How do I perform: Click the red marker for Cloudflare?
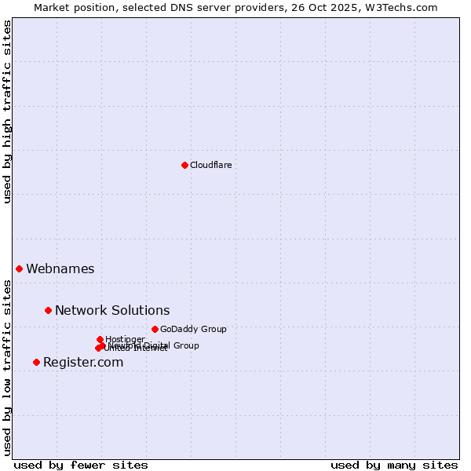[x=184, y=165]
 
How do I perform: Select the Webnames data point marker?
[x=19, y=268]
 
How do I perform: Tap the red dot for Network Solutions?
[x=48, y=310]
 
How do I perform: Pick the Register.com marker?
[x=36, y=362]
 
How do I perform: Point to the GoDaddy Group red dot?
[x=155, y=329]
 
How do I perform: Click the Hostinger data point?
[x=100, y=339]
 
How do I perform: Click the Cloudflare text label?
[x=210, y=165]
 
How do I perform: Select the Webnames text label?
[x=60, y=268]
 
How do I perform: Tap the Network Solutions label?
[x=112, y=310]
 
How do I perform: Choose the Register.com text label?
[x=83, y=362]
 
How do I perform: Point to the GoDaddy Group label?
[x=193, y=329]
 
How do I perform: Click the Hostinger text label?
[x=125, y=339]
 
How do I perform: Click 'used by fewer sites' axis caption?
[x=81, y=465]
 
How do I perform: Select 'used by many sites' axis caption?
[x=394, y=465]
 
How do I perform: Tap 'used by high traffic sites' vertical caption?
[x=7, y=111]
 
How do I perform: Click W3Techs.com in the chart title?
[x=405, y=7]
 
